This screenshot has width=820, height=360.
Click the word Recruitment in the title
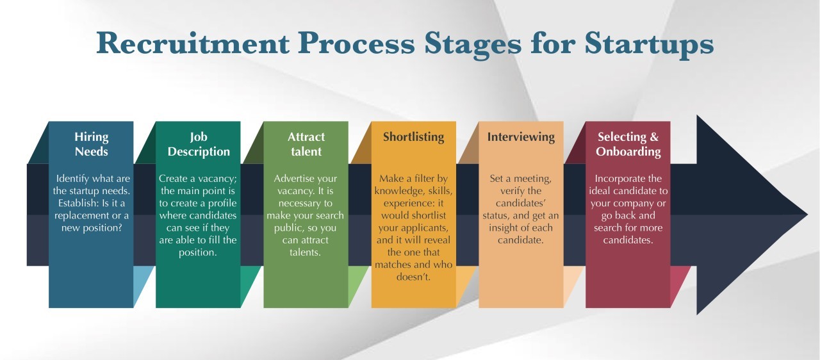(x=193, y=44)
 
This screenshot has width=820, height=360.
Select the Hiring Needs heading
(x=91, y=143)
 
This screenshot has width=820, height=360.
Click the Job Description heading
(x=199, y=143)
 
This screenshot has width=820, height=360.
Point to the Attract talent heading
(x=306, y=143)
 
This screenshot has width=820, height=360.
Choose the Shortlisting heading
(x=414, y=137)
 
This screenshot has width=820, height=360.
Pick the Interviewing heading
(x=521, y=137)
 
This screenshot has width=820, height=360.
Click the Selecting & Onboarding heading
(x=628, y=143)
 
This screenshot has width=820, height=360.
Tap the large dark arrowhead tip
(x=807, y=215)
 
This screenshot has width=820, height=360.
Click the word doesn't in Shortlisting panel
(x=414, y=277)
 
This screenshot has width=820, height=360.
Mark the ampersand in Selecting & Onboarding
(x=654, y=137)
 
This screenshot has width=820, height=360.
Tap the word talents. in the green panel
(x=306, y=252)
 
